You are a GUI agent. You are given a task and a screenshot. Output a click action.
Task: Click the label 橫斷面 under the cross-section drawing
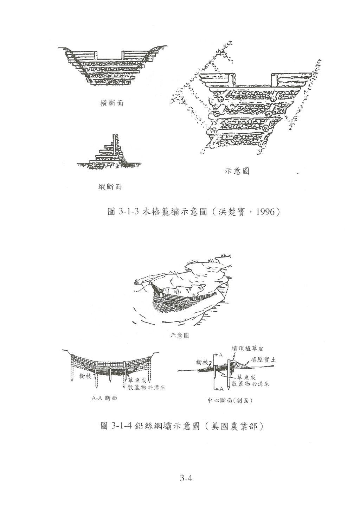coord(112,103)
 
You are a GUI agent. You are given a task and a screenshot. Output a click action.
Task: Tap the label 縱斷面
coord(110,187)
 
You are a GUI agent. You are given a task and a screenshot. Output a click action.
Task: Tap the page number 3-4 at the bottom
coord(185,478)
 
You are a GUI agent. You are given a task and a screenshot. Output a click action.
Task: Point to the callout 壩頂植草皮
coord(248,348)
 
